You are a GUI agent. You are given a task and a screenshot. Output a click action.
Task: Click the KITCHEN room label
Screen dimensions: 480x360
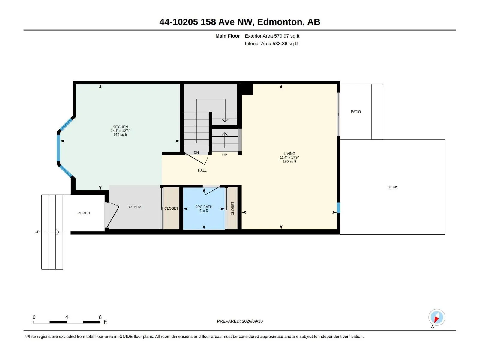[120, 127]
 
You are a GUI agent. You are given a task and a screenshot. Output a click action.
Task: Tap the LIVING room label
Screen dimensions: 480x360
[289, 153]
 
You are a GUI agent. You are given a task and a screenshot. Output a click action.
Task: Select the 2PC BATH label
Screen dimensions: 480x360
[204, 207]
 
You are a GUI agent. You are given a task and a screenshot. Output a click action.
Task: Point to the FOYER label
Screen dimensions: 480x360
[134, 207]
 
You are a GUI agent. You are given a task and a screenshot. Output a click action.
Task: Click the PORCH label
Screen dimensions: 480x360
[83, 213]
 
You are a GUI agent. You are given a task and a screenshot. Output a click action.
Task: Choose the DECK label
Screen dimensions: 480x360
[392, 187]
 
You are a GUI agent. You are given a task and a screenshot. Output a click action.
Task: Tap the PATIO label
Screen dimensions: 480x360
[356, 112]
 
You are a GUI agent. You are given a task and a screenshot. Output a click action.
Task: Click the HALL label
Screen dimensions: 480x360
[202, 170]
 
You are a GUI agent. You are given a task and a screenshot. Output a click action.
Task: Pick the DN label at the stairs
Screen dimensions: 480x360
[196, 153]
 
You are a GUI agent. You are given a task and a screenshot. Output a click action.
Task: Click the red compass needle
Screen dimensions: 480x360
[436, 319]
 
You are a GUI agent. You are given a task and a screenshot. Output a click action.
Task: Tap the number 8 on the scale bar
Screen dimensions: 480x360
[100, 317]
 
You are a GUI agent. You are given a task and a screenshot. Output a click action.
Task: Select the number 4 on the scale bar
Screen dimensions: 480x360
[67, 317]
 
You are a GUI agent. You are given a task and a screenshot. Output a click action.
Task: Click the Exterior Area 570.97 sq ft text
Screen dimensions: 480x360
[272, 36]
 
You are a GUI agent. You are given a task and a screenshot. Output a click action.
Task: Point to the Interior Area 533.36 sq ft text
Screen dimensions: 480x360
[271, 43]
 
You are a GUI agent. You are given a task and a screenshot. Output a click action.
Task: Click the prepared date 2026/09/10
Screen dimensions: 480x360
[252, 321]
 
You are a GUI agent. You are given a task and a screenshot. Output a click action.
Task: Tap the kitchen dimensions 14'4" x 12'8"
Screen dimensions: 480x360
[120, 131]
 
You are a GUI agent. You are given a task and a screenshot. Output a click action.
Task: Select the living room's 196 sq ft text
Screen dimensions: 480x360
[289, 161]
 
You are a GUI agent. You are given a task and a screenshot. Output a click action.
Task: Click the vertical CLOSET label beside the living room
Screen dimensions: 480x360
[232, 208]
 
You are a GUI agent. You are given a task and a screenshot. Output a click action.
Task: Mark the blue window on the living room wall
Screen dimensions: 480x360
[338, 208]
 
